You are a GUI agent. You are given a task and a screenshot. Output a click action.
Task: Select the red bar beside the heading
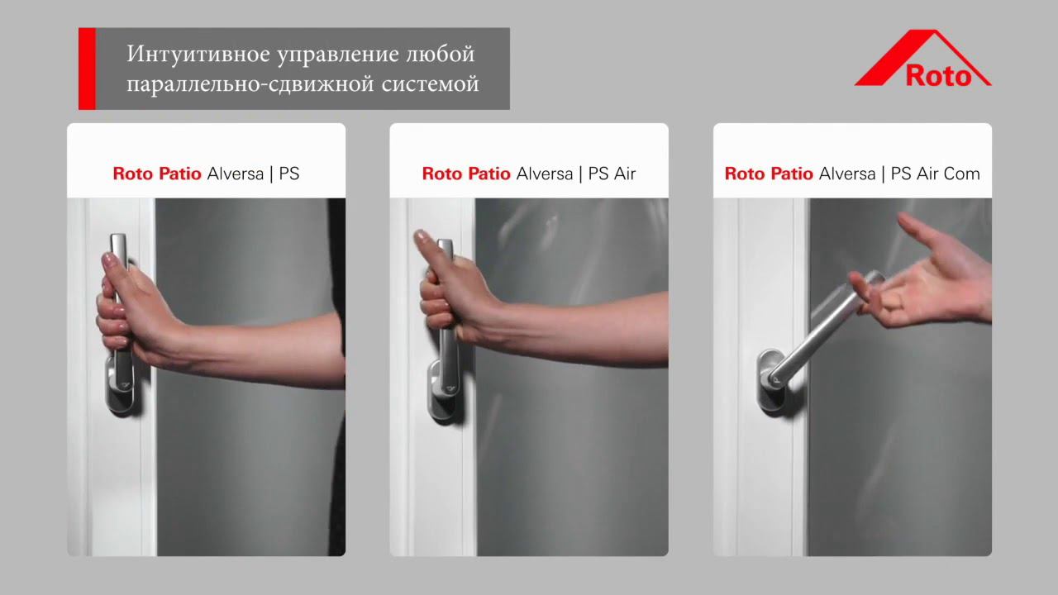pos(87,69)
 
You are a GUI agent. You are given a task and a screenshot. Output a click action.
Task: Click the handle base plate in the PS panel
pos(119,388)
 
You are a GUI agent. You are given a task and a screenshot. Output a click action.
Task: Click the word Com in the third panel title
pos(962,174)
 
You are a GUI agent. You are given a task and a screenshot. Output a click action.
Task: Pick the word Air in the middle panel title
pos(624,174)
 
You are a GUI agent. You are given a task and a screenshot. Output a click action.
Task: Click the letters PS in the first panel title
pos(288,174)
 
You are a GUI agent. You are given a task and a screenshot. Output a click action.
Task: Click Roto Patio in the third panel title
pos(769,174)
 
